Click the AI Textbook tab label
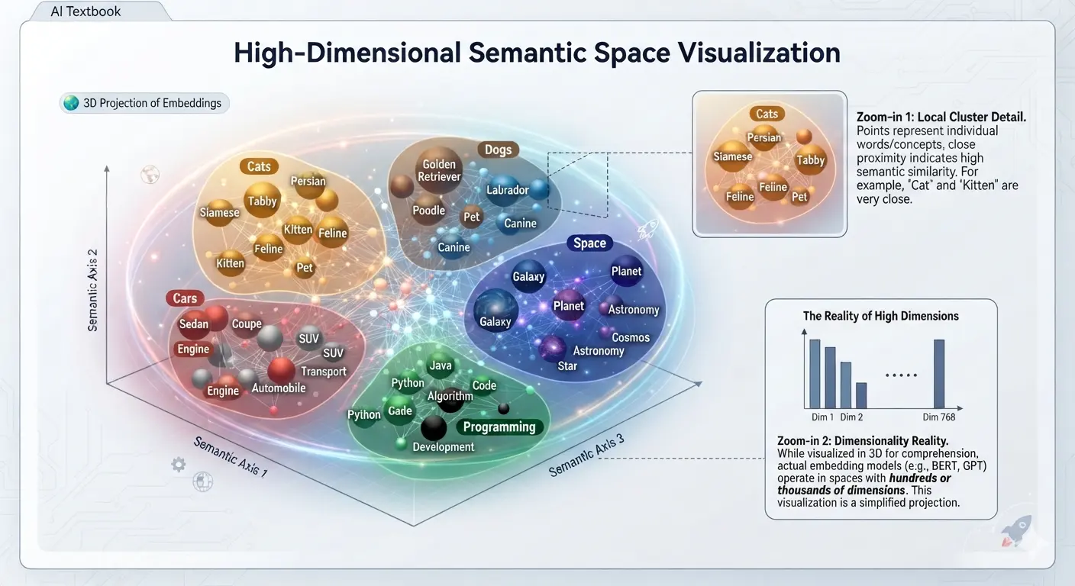pyautogui.click(x=86, y=11)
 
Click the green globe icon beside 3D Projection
pyautogui.click(x=71, y=102)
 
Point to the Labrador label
pyautogui.click(x=507, y=190)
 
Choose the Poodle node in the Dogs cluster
pyautogui.click(x=428, y=210)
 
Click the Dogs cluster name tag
pyautogui.click(x=498, y=150)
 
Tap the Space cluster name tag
pyautogui.click(x=590, y=243)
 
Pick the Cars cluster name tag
pyautogui.click(x=185, y=298)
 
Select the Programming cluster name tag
pyautogui.click(x=499, y=427)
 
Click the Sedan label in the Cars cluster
pyautogui.click(x=194, y=324)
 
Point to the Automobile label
pyautogui.click(x=279, y=388)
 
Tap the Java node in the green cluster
pyautogui.click(x=440, y=365)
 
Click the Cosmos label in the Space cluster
pyautogui.click(x=631, y=337)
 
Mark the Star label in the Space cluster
pyautogui.click(x=567, y=366)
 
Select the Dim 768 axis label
pyautogui.click(x=938, y=417)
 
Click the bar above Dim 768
pyautogui.click(x=939, y=374)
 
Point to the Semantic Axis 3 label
pyautogui.click(x=586, y=456)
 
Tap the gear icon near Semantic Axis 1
pyautogui.click(x=179, y=464)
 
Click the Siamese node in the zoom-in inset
pyautogui.click(x=732, y=156)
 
